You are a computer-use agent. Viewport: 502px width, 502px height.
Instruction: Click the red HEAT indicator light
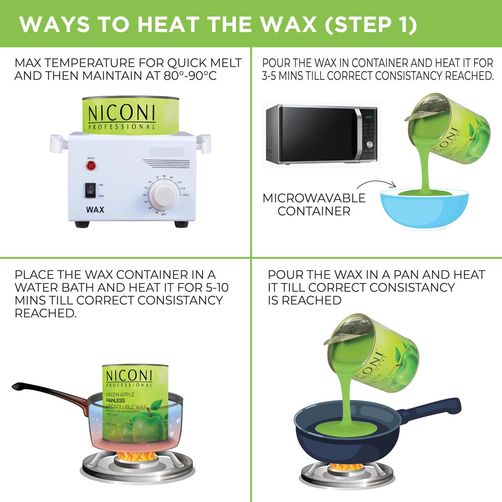point(91,165)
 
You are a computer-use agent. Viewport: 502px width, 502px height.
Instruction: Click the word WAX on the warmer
point(95,209)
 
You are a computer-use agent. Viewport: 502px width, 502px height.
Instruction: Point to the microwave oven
point(321,134)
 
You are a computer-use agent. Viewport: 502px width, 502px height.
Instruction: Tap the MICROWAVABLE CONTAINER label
point(314,205)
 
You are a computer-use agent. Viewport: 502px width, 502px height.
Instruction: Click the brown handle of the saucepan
point(51,393)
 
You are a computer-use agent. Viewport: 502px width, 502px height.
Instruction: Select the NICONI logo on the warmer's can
point(121,114)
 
